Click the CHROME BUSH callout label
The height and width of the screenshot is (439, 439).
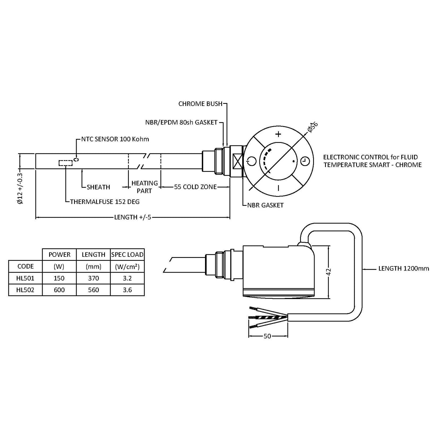pos(200,104)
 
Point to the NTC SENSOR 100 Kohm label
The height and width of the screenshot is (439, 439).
pos(114,139)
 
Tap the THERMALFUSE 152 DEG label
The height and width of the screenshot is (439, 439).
pos(105,201)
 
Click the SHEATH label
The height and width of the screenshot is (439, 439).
pos(98,187)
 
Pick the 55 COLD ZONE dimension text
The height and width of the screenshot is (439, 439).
pos(195,187)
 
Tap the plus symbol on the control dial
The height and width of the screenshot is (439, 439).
pos(278,135)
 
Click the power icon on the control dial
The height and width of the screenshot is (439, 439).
pos(252,161)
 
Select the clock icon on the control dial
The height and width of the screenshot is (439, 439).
pos(304,161)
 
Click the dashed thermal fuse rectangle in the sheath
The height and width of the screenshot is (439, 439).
pos(65,163)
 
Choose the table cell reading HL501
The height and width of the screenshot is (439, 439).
pos(25,278)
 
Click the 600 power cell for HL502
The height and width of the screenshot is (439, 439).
pos(59,290)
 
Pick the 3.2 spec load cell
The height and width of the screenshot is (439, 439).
pos(127,278)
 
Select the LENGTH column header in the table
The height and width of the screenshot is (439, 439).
pos(93,255)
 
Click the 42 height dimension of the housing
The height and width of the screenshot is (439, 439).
pos(329,272)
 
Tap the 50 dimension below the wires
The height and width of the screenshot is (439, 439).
pos(267,336)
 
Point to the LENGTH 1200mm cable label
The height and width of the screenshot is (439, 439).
pos(404,268)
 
